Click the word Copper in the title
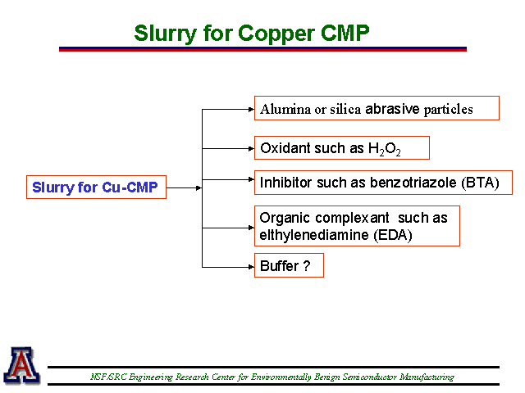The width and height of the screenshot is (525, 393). click(x=276, y=34)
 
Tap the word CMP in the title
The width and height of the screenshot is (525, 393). click(x=345, y=33)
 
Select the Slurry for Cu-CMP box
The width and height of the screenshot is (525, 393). click(x=97, y=187)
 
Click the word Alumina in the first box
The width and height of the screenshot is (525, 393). click(x=285, y=109)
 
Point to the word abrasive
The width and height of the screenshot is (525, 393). click(x=392, y=109)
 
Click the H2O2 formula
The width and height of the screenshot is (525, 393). click(x=385, y=149)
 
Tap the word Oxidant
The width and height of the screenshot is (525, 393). click(x=285, y=148)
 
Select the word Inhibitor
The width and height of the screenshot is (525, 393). click(x=285, y=183)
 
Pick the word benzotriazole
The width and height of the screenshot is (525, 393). click(x=413, y=183)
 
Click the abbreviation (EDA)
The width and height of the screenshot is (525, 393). click(x=393, y=235)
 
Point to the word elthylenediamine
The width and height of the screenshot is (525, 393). click(x=314, y=235)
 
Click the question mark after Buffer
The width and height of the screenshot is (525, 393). click(x=307, y=266)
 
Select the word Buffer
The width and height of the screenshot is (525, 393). click(x=279, y=266)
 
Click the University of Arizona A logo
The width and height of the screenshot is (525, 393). click(x=22, y=365)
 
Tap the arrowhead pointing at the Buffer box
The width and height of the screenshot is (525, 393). click(x=251, y=267)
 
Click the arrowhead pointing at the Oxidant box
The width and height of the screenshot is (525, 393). click(x=251, y=148)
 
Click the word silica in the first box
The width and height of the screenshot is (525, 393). click(x=345, y=109)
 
